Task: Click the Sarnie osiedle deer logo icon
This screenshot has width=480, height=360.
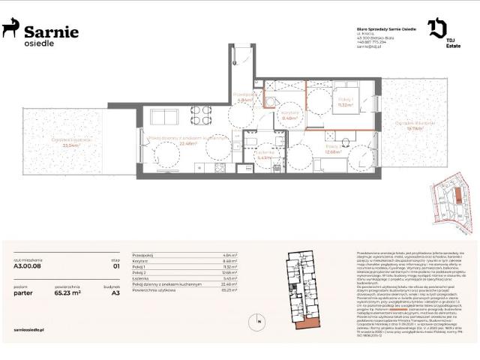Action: pos(10,28)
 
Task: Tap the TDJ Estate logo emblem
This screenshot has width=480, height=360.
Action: pos(437,29)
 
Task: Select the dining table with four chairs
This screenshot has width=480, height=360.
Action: pos(200,115)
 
